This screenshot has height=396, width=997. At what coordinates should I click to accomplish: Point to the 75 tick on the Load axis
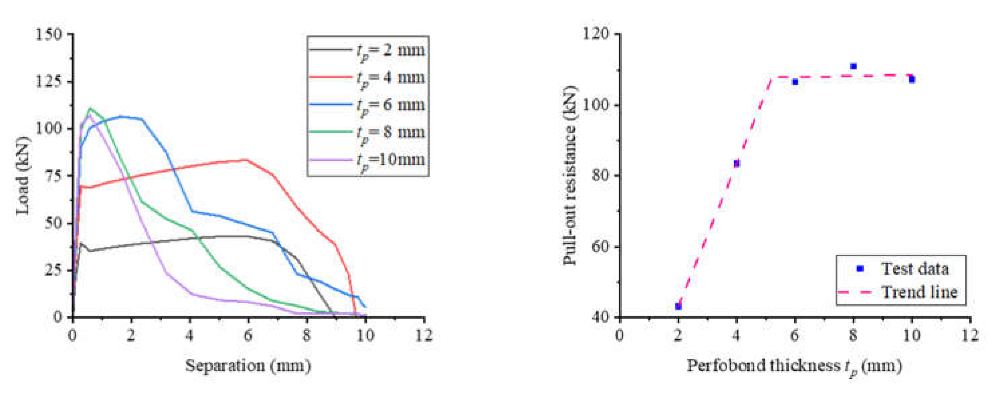coord(53,175)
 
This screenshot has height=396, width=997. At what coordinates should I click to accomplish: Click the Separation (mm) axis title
coord(248,366)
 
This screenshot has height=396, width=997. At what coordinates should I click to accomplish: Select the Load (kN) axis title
coord(23,175)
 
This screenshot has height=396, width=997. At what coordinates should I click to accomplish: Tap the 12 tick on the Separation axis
coord(424,335)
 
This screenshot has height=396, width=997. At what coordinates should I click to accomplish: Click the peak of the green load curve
coord(90,108)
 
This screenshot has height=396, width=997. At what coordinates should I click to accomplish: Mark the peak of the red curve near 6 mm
coord(246,159)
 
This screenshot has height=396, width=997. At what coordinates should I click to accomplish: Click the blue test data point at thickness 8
coord(853,66)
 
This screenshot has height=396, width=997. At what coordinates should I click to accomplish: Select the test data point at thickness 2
coord(678,306)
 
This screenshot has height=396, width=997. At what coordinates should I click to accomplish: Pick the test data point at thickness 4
coord(737,163)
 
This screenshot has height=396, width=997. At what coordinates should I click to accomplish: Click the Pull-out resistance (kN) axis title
coord(570,175)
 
